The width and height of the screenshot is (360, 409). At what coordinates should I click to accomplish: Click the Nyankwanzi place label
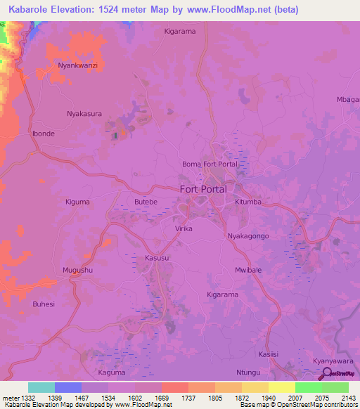(77, 65)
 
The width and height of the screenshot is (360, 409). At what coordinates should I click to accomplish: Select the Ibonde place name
(43, 133)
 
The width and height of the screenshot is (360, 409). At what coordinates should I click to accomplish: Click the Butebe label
(146, 202)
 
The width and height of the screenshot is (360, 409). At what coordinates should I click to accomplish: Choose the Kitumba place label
(247, 202)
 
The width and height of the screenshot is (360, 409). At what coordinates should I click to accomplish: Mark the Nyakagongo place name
(248, 236)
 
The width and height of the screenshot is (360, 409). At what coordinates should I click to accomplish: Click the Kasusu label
(156, 258)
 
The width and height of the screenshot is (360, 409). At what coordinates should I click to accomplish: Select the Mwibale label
(248, 270)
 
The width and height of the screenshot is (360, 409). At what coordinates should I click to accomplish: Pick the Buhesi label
(44, 304)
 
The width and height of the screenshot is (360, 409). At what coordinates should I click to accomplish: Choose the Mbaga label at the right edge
(348, 100)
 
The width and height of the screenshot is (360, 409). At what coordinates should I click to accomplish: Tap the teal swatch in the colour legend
(41, 387)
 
